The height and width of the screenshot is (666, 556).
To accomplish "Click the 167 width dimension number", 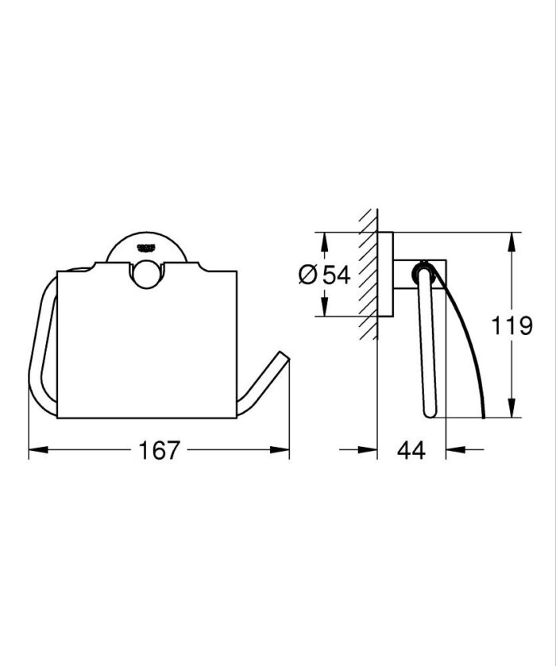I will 159,450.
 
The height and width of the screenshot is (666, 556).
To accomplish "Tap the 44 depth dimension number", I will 411,450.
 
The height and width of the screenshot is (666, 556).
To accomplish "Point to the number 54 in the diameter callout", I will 336,275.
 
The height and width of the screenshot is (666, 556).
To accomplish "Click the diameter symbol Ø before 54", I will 308,275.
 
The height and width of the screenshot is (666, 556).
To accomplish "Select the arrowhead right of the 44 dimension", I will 452,450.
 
